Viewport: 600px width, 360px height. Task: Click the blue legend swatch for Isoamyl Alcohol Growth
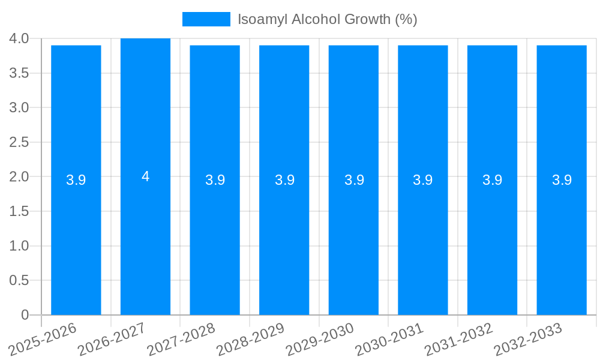click(x=206, y=19)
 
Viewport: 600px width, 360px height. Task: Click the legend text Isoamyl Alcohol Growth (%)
click(x=327, y=19)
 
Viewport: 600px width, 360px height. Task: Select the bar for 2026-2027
click(x=145, y=240)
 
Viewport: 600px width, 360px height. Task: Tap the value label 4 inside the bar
click(x=145, y=176)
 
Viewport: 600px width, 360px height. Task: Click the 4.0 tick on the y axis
click(x=19, y=39)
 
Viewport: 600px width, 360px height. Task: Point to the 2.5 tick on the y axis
click(x=19, y=142)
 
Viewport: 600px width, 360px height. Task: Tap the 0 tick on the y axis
click(x=25, y=315)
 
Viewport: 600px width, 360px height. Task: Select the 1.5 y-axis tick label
click(x=19, y=211)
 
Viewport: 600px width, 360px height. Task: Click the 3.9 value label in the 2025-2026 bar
click(x=76, y=180)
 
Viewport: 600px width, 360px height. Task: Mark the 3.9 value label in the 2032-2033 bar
click(x=562, y=180)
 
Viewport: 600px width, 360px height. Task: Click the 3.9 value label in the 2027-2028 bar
click(x=215, y=180)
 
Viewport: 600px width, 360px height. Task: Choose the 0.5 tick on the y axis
click(x=19, y=280)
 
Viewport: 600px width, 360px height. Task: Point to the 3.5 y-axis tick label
click(x=19, y=73)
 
